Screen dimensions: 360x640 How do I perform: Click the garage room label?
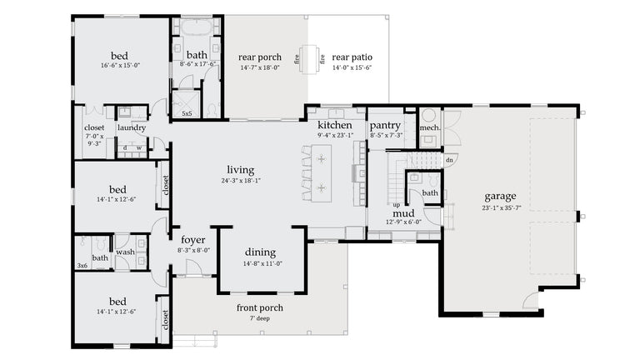click(x=500, y=197)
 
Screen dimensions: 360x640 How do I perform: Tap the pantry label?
click(x=385, y=125)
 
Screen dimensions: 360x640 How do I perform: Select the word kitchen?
click(x=335, y=125)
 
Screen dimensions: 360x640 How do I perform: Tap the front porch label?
click(x=260, y=307)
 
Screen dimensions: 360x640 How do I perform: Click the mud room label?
click(x=404, y=212)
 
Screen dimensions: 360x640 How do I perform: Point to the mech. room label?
click(x=429, y=128)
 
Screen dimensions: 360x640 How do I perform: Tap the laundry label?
click(x=132, y=128)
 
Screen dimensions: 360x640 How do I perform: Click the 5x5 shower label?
click(x=187, y=113)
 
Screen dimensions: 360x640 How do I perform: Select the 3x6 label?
click(x=82, y=266)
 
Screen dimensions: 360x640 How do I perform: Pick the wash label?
click(x=125, y=252)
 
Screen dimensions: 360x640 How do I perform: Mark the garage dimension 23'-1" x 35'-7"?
click(x=500, y=207)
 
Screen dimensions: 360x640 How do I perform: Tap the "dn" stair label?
click(x=449, y=159)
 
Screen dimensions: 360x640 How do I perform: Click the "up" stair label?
click(x=396, y=204)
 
